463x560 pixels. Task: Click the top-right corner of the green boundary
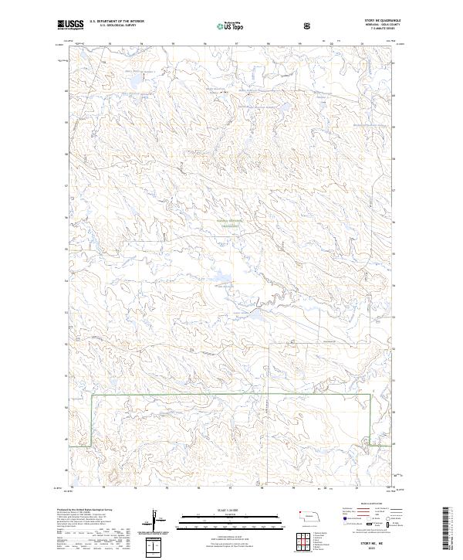click(369, 395)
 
